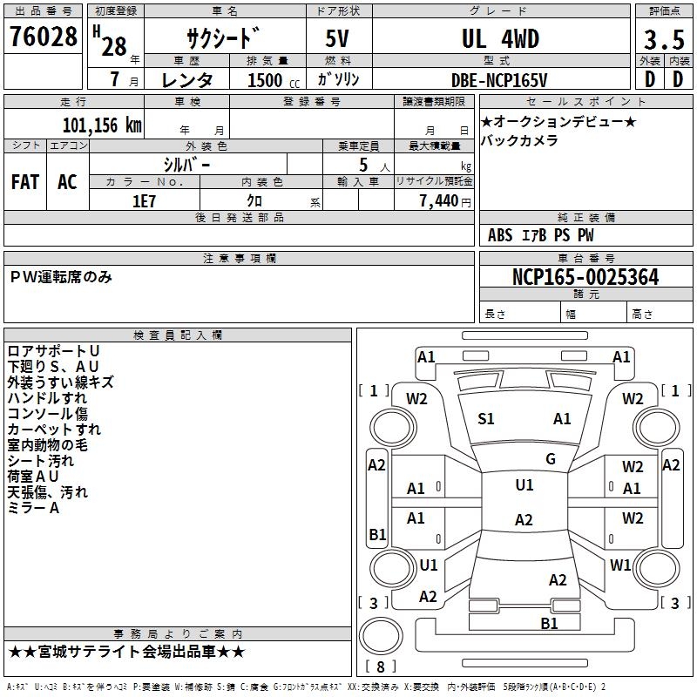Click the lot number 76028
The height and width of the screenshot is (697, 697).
(x=43, y=37)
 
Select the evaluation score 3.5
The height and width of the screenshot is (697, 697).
(x=664, y=40)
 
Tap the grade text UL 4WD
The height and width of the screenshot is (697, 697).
(x=499, y=39)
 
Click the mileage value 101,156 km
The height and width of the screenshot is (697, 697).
(x=102, y=125)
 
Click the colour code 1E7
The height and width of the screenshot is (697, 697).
(x=144, y=201)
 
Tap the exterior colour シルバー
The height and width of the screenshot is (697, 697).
(x=186, y=164)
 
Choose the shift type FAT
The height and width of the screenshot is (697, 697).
(x=25, y=182)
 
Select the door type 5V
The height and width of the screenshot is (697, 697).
(x=339, y=39)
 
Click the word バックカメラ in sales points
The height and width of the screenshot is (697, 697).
(x=520, y=140)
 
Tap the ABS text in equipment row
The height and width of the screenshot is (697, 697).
(x=500, y=235)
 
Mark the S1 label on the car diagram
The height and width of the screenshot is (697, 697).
(x=486, y=419)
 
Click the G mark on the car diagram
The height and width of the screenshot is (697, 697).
(x=551, y=459)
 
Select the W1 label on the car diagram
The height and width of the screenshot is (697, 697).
(x=620, y=565)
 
